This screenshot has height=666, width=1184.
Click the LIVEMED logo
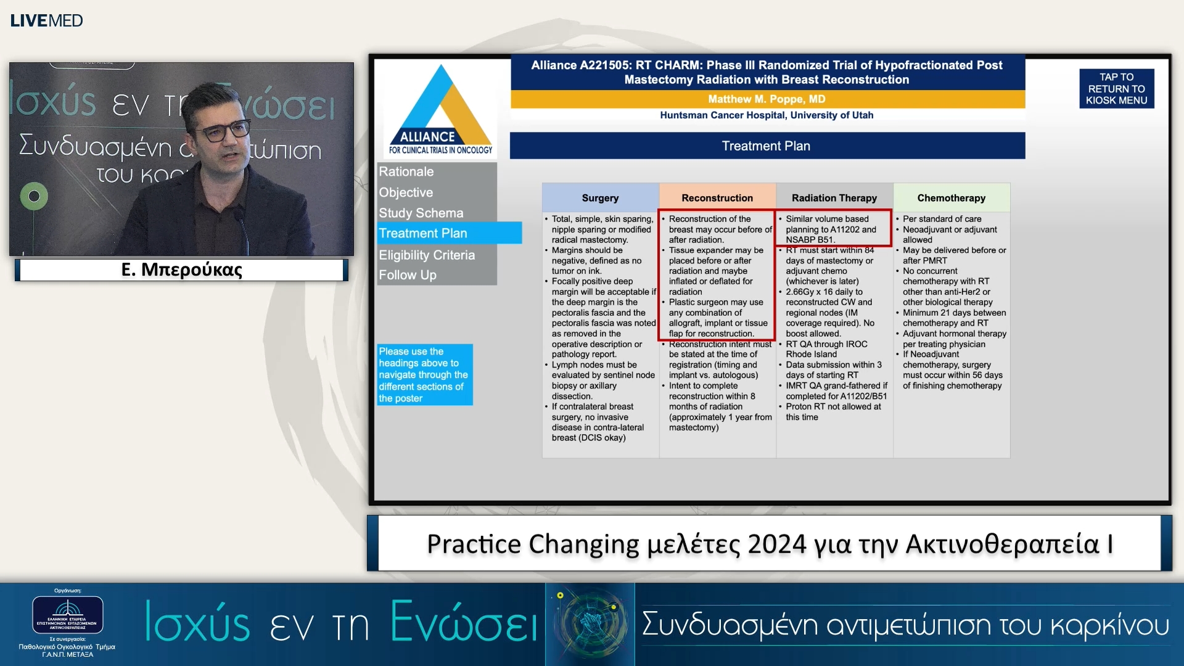[x=46, y=20]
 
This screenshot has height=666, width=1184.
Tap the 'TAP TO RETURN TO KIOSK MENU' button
[x=1116, y=89]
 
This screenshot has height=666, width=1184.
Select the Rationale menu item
[x=406, y=171]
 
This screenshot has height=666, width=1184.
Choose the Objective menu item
[x=406, y=192]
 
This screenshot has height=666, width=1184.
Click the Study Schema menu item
[x=421, y=213]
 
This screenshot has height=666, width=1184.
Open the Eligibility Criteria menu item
[x=427, y=255]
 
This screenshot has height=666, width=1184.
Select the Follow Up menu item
[x=408, y=275]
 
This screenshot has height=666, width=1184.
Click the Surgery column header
[x=600, y=198]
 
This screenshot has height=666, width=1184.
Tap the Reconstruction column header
[x=717, y=198]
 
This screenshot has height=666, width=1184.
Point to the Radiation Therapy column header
[x=834, y=198]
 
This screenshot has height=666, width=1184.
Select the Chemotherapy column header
[x=951, y=198]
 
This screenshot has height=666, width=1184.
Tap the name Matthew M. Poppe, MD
[x=767, y=99]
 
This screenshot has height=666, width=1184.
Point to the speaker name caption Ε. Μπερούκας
[x=182, y=269]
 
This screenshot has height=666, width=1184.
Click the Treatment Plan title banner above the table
[x=767, y=146]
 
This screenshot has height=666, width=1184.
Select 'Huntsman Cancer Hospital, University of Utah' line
[x=767, y=115]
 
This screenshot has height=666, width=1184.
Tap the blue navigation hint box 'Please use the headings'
[x=424, y=374]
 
